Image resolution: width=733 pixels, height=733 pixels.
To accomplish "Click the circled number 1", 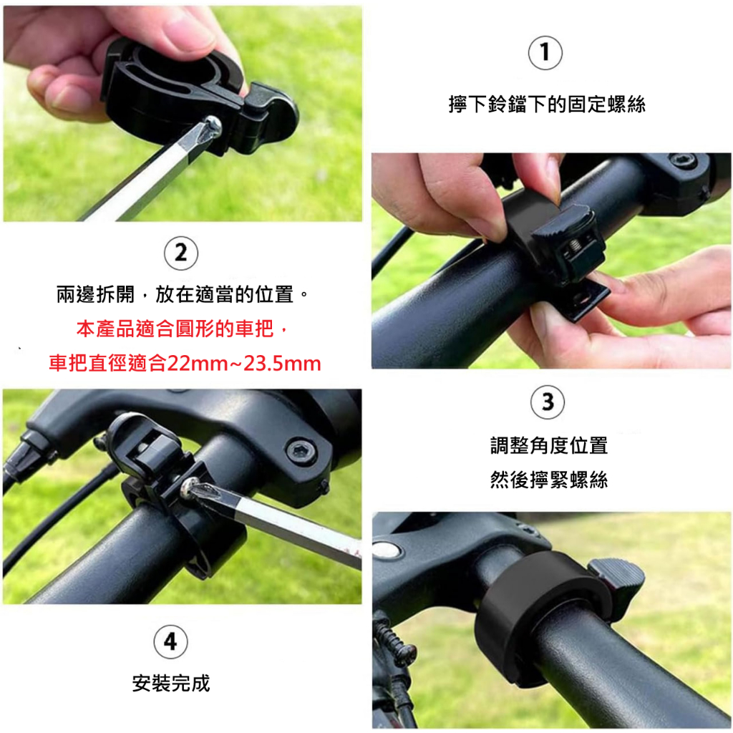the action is [x=545, y=53].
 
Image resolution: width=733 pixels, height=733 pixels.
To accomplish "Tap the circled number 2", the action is [x=181, y=253].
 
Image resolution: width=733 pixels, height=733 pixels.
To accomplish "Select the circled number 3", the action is [x=548, y=402].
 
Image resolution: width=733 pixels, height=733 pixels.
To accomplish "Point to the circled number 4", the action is [x=170, y=641].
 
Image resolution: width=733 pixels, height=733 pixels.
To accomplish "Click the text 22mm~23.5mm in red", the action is [x=244, y=363].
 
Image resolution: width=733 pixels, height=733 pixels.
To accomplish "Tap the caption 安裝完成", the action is [x=171, y=683].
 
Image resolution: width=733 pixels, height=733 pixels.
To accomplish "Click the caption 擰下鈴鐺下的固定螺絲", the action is [x=547, y=104].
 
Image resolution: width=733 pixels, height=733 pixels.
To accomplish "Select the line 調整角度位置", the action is [x=549, y=445].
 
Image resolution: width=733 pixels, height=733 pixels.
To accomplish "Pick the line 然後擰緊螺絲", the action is [x=549, y=480].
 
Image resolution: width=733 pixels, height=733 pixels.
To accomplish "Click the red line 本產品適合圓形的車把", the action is [x=175, y=329].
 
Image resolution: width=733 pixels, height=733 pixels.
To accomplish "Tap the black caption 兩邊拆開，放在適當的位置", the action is [x=175, y=294].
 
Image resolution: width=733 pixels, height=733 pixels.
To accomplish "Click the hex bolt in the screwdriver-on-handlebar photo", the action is [x=301, y=452].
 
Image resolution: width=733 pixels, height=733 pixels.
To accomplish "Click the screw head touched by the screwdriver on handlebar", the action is [x=190, y=487].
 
